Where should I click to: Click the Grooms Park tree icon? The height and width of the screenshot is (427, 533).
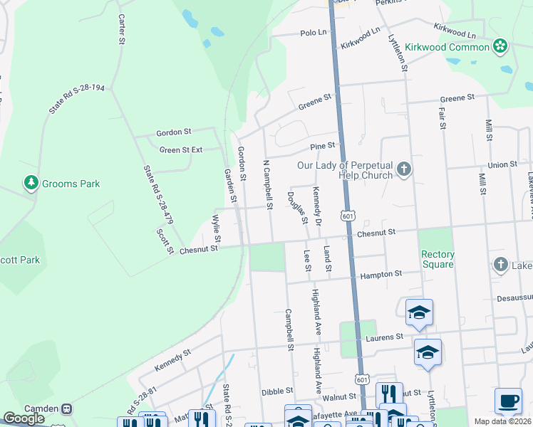tap(31, 184)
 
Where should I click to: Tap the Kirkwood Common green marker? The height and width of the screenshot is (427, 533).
tap(500, 47)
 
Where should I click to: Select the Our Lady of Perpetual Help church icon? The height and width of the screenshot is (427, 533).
tap(404, 169)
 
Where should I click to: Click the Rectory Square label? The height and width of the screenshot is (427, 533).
tap(438, 259)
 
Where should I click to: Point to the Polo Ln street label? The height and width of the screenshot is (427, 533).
tap(313, 33)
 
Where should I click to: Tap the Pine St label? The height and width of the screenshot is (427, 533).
tap(322, 146)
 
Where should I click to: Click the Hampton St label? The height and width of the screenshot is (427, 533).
tap(381, 273)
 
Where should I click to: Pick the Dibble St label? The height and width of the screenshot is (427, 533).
tap(277, 391)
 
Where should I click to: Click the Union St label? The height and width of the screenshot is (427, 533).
tap(502, 164)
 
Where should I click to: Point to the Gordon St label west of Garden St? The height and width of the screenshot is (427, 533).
tap(174, 132)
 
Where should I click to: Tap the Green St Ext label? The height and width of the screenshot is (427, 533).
tap(181, 150)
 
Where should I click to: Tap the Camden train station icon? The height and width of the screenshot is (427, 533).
tap(67, 409)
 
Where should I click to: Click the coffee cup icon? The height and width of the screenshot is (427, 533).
tap(507, 401)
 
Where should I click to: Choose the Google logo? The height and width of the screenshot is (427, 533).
tap(24, 418)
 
